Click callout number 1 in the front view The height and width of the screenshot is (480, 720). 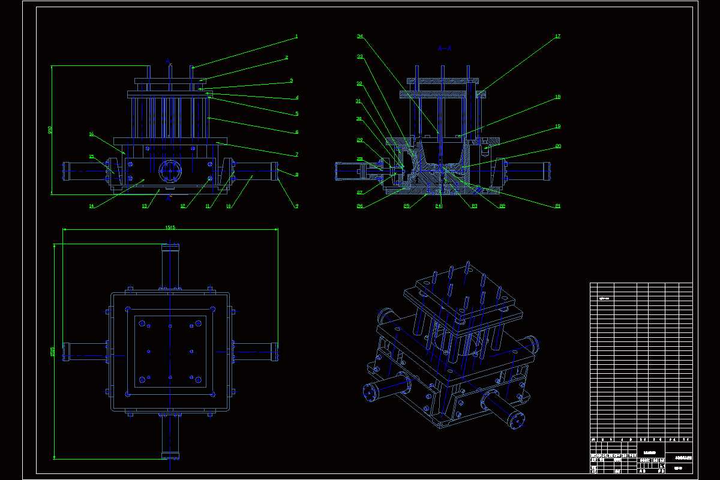296,37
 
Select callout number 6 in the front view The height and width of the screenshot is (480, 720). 296,132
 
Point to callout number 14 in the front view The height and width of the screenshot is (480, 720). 91,206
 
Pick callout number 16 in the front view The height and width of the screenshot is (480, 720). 91,134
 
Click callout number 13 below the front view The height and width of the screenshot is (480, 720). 145,206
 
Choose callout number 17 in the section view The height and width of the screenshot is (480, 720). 557,37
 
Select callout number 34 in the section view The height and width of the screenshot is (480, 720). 360,37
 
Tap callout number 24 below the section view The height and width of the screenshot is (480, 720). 439,206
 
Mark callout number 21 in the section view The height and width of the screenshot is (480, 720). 557,206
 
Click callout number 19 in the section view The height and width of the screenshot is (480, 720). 557,127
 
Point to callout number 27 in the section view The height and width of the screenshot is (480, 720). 360,193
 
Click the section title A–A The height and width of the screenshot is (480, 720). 445,47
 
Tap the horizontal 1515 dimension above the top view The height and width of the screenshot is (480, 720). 170,227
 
